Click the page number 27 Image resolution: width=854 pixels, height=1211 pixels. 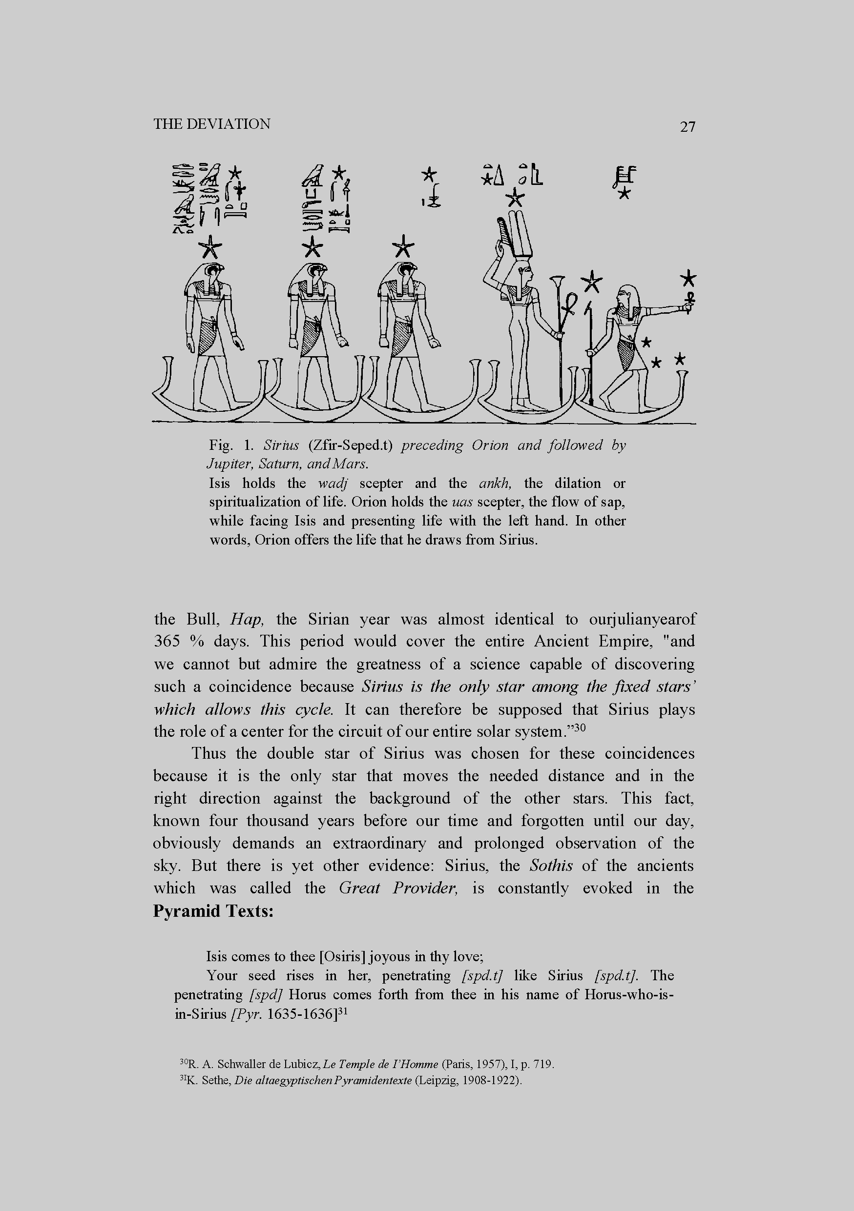pyautogui.click(x=687, y=126)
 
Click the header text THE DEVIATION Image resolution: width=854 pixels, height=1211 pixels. pyautogui.click(x=211, y=124)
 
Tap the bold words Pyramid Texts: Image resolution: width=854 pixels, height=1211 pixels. pyautogui.click(x=213, y=911)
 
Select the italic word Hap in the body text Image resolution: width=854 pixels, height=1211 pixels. pyautogui.click(x=243, y=619)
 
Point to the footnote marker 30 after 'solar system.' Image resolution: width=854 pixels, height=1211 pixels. pyautogui.click(x=580, y=728)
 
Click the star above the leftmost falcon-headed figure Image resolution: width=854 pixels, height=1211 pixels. pyautogui.click(x=209, y=246)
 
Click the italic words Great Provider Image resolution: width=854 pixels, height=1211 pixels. pyautogui.click(x=398, y=888)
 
